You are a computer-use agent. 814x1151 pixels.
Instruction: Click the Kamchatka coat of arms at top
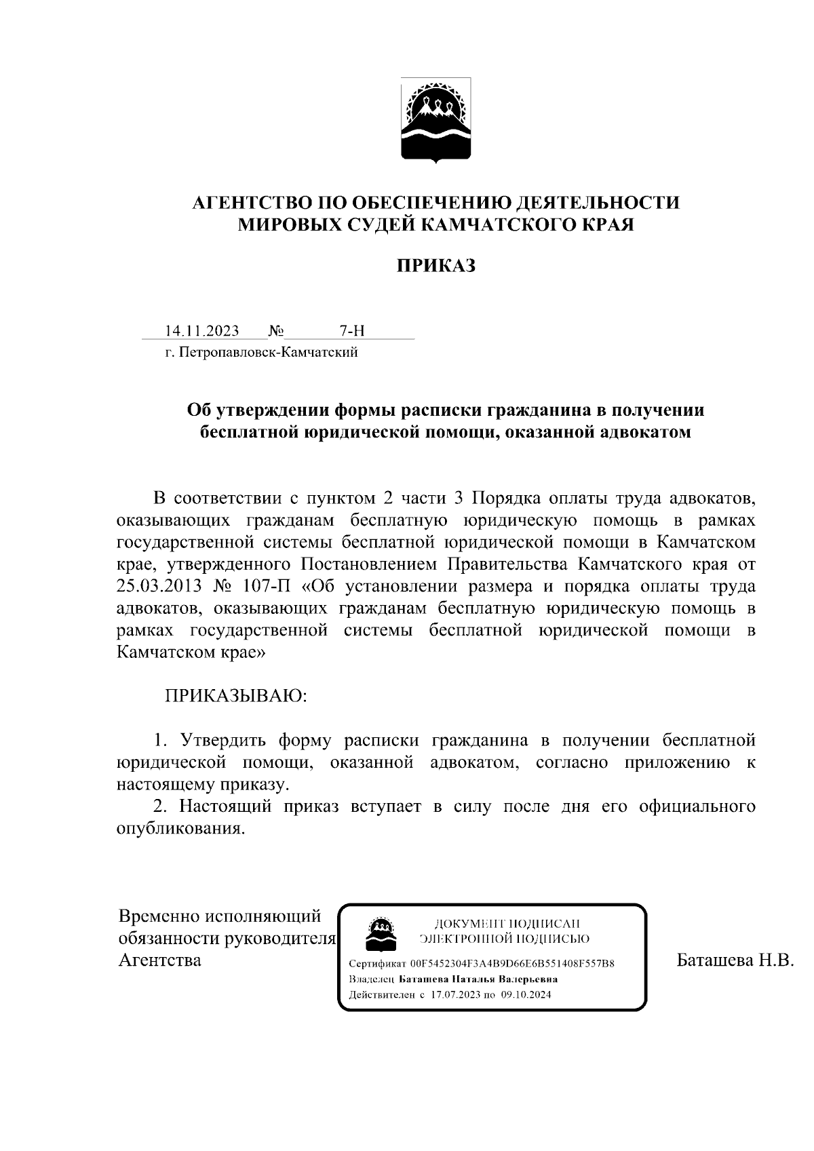pos(435,120)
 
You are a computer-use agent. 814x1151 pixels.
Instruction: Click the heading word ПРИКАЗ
pos(435,266)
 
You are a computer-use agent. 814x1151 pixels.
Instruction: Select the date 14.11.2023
pos(202,331)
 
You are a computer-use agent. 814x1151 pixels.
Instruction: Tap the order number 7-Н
pos(351,331)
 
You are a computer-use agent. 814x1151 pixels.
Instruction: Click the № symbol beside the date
pos(276,331)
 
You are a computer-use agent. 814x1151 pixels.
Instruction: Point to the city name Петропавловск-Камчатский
pos(267,352)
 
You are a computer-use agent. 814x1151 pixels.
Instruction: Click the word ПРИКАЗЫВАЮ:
pos(236,697)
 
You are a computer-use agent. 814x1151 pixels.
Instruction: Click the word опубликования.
pos(180,829)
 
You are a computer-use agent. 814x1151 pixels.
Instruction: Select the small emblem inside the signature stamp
pos(381,934)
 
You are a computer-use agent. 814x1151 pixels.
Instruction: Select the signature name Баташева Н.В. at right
pos(735,960)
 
